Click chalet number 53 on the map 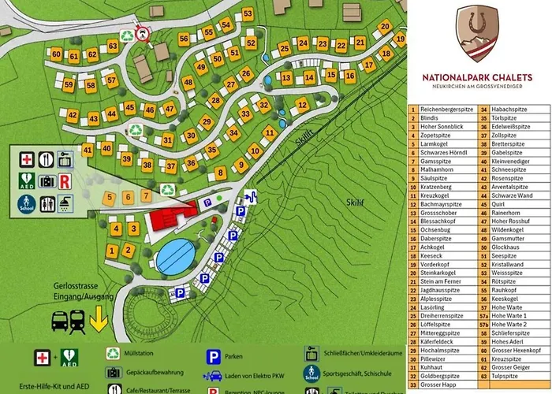[248, 14]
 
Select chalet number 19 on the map [400, 39]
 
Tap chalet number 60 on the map [56, 55]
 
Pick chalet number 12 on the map [302, 104]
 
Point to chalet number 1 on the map [111, 251]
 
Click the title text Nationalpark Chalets [482, 76]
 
